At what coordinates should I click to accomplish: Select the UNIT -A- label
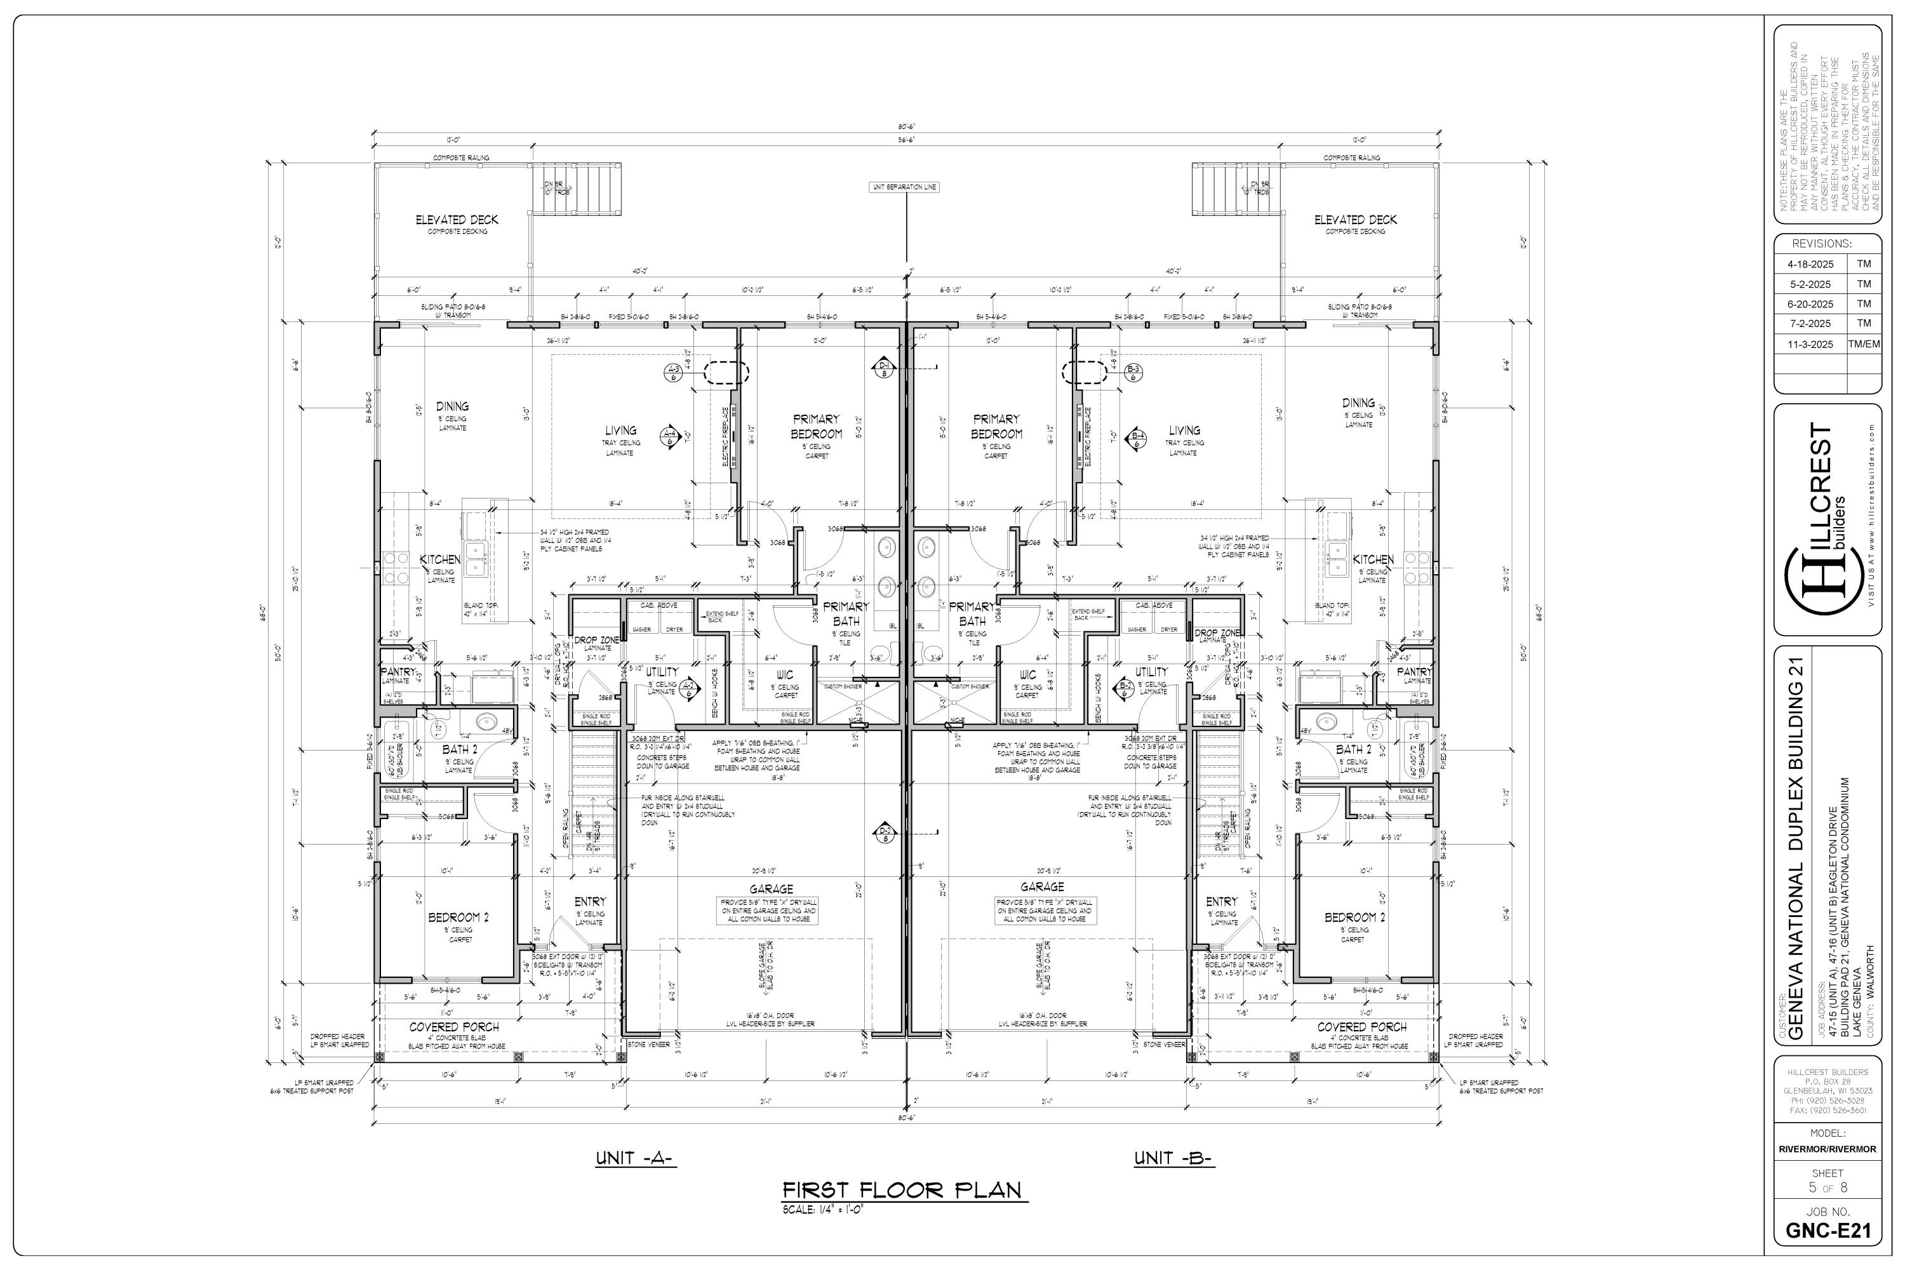(636, 1158)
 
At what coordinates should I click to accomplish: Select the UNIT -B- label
(1173, 1158)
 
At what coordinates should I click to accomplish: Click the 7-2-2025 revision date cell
(1808, 323)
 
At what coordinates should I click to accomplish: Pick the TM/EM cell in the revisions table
(1864, 344)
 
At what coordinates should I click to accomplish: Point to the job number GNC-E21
(1828, 1231)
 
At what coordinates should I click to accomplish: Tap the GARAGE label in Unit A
(771, 888)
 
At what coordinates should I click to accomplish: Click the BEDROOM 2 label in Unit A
(458, 918)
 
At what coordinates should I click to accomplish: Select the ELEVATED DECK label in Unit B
(1355, 220)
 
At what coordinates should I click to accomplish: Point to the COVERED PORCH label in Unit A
(455, 1026)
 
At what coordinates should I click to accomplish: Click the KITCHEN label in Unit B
(1373, 559)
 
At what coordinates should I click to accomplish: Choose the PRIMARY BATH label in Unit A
(846, 613)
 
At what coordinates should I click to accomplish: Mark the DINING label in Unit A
(452, 406)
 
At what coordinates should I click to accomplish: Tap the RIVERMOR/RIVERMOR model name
(1828, 1149)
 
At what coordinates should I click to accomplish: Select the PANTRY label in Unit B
(1414, 671)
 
